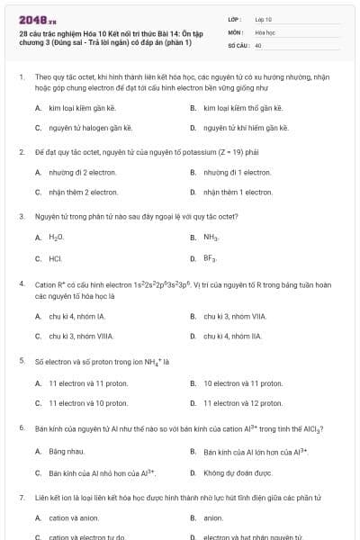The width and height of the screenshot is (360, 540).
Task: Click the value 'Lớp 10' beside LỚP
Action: (264, 19)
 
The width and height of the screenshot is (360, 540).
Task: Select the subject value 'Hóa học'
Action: (265, 31)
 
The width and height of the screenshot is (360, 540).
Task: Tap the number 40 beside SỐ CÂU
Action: (258, 44)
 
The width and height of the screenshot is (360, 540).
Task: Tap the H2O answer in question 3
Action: (57, 238)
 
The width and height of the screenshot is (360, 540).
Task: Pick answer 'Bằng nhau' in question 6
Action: (66, 450)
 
